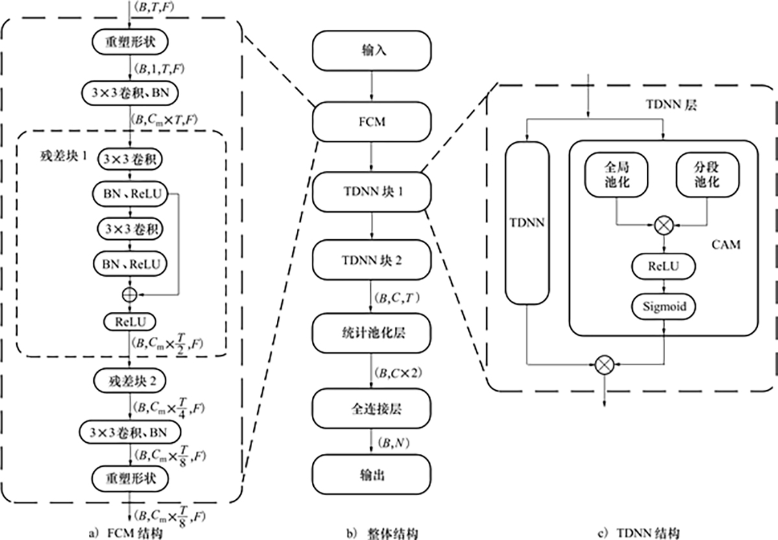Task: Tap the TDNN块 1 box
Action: tap(371, 192)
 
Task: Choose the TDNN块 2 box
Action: tap(371, 262)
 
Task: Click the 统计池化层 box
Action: tap(371, 333)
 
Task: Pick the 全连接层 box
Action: tap(371, 409)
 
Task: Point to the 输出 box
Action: tap(371, 475)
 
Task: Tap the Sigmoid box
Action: tap(663, 306)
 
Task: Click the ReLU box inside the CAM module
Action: tap(663, 266)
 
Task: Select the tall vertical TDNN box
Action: tap(528, 223)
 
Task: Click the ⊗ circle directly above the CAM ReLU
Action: tap(663, 226)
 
